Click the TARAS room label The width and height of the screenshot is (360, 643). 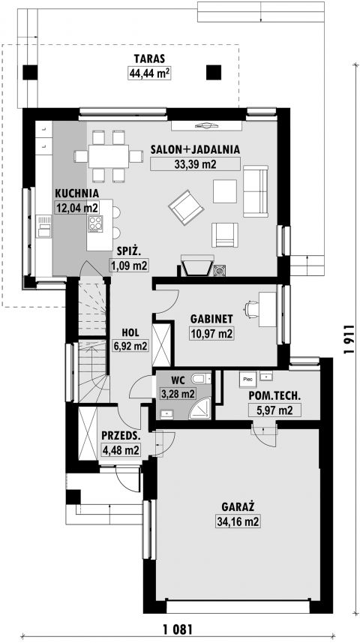click(149, 59)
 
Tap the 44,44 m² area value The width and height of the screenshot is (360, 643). click(149, 74)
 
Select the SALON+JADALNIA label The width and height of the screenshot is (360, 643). click(195, 149)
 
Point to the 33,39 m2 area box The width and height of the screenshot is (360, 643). click(195, 164)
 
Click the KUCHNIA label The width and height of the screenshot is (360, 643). click(77, 193)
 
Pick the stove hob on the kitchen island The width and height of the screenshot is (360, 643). click(95, 224)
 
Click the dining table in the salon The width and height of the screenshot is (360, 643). click(109, 156)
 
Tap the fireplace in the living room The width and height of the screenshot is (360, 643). click(197, 266)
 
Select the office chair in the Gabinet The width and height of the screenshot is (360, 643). click(251, 309)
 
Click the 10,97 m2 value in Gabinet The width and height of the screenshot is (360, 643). click(211, 333)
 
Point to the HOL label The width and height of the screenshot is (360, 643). click(130, 332)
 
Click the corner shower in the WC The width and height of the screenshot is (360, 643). click(199, 409)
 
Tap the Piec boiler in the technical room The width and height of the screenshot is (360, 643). click(248, 380)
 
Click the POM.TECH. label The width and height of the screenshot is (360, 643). click(274, 396)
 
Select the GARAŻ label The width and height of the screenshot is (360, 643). click(238, 507)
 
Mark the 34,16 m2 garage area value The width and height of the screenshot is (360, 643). click(238, 521)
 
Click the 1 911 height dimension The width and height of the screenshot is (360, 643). click(349, 340)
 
